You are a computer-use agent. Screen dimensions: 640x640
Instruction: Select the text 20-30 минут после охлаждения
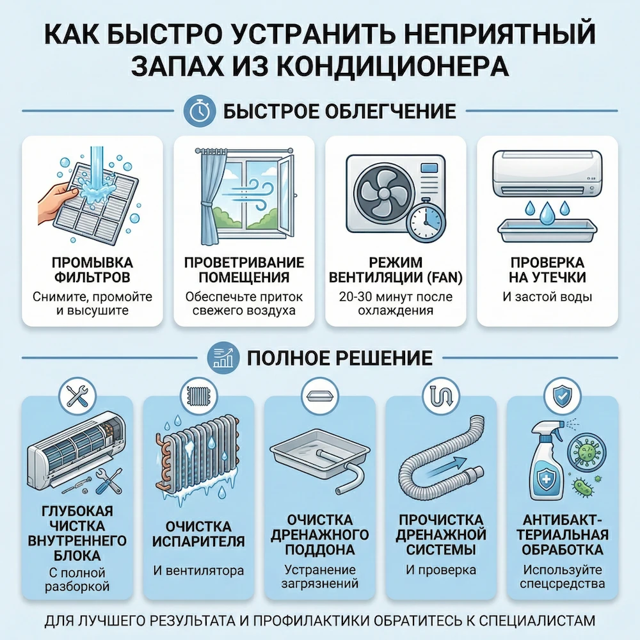(395, 303)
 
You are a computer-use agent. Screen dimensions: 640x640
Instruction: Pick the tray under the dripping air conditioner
(547, 229)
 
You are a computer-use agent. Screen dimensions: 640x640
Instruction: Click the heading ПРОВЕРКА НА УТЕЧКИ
(547, 270)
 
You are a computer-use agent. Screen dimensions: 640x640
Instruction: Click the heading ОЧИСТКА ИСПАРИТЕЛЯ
(198, 534)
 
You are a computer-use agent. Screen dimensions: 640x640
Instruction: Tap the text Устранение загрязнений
(320, 576)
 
